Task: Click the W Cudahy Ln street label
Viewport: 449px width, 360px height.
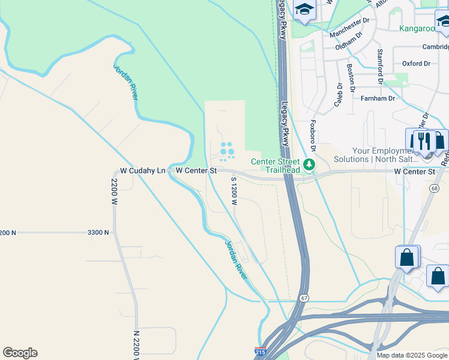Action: point(142,171)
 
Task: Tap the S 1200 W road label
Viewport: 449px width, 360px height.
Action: point(234,191)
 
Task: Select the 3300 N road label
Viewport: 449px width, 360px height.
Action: point(98,232)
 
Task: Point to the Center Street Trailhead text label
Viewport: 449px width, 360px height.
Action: point(275,166)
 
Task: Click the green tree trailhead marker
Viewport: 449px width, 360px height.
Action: point(309,164)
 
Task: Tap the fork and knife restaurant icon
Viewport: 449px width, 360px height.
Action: point(424,142)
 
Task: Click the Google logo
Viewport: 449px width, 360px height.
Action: point(20,353)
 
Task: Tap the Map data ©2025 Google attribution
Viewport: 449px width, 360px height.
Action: point(412,355)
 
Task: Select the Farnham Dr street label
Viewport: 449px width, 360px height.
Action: point(378,98)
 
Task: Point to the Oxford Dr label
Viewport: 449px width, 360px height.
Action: point(416,63)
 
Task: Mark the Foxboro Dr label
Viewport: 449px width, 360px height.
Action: point(313,135)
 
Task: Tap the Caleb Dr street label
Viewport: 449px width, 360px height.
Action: point(338,95)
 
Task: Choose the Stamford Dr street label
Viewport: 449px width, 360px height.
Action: point(379,66)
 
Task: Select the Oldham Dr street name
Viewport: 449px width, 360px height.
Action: point(349,42)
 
